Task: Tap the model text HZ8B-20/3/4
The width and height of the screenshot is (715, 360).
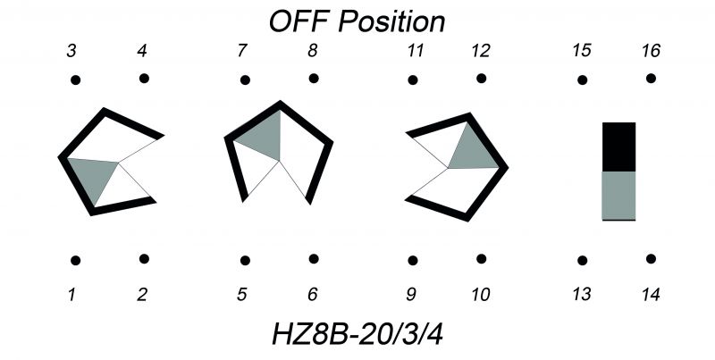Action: (x=357, y=334)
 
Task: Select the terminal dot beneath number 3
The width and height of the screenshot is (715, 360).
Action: (x=76, y=80)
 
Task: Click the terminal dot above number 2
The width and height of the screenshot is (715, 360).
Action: (x=144, y=259)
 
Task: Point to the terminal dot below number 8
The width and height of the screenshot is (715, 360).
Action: (x=314, y=79)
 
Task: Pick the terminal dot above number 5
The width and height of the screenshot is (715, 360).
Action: (x=245, y=261)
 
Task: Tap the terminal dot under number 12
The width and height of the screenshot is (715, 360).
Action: (x=481, y=79)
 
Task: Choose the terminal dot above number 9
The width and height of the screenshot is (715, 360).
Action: (x=413, y=261)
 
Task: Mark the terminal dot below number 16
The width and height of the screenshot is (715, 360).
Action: (x=651, y=79)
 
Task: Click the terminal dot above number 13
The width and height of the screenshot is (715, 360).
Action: (x=583, y=261)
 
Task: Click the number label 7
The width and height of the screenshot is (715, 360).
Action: (x=242, y=51)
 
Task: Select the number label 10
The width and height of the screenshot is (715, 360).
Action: (x=481, y=295)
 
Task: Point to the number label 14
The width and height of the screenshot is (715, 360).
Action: (x=651, y=295)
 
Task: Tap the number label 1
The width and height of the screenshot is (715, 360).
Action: (x=71, y=295)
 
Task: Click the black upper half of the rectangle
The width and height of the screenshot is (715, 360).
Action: (x=618, y=147)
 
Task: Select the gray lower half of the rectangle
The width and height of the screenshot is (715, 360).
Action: (x=618, y=196)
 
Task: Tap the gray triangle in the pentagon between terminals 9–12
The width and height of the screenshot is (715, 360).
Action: (x=475, y=151)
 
